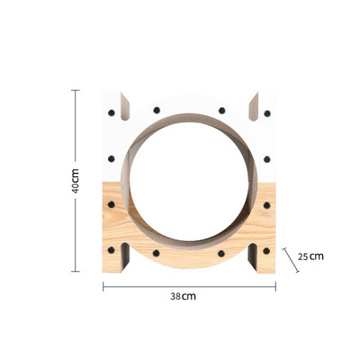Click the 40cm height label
coord(76,181)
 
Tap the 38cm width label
coord(183,296)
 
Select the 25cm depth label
coord(310,256)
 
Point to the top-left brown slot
coord(125,107)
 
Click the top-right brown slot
coord(254,107)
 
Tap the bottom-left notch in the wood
coord(125,258)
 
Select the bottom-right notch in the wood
coord(253,258)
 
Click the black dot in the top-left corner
coord(112,113)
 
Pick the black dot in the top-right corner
coord(267,113)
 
